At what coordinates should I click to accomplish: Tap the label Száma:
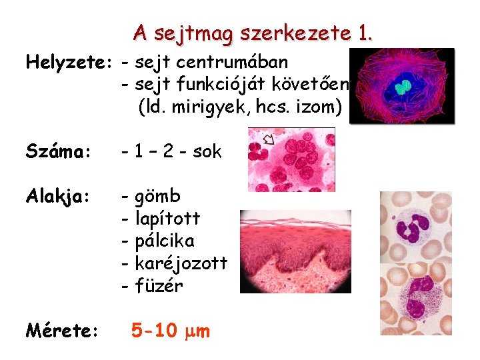coord(57,152)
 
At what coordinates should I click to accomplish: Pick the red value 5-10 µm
coord(171,330)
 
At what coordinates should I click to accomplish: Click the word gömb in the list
coord(158,197)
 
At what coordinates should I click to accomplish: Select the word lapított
coord(167,219)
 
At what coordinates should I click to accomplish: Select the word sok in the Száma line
coord(207,152)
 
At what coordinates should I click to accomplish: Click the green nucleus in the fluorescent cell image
coord(402,87)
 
